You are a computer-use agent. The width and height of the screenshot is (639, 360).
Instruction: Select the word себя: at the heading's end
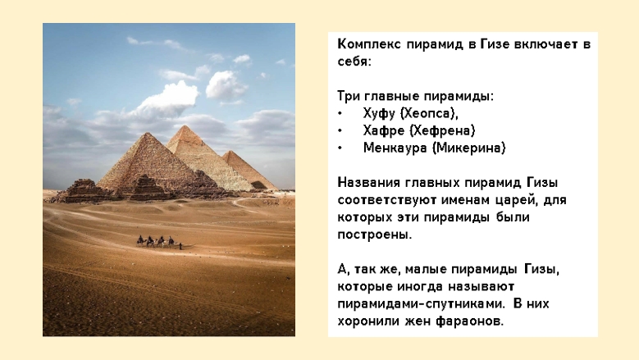(x=354, y=62)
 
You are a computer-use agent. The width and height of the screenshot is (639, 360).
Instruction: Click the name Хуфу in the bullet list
(x=379, y=113)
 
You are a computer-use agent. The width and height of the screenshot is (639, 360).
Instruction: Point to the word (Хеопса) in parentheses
(x=429, y=113)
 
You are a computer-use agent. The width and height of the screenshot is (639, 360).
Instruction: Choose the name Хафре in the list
(x=383, y=130)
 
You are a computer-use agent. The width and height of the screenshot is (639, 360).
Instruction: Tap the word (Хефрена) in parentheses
(x=442, y=130)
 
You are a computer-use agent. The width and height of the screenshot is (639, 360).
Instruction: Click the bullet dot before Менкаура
(x=340, y=148)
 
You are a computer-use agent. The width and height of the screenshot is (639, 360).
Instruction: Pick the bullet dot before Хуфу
(x=340, y=114)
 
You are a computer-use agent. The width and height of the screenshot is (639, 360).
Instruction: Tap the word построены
(x=375, y=235)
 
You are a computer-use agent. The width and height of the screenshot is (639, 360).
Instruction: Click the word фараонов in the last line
(x=469, y=321)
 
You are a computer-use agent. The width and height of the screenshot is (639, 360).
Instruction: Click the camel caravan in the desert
(x=159, y=242)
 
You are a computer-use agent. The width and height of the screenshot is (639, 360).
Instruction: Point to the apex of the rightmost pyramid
(x=230, y=151)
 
